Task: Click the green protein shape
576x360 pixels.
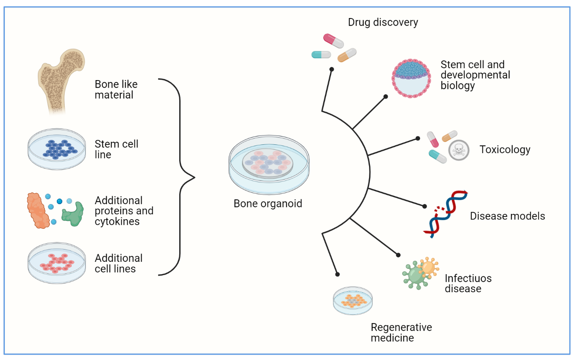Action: pyautogui.click(x=73, y=213)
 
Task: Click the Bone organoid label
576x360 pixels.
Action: pyautogui.click(x=268, y=204)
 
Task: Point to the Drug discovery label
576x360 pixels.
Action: pyautogui.click(x=383, y=22)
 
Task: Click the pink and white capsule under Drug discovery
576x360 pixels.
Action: pyautogui.click(x=333, y=40)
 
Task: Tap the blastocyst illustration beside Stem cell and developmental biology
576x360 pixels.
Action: pyautogui.click(x=410, y=78)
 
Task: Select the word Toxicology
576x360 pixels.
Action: pyautogui.click(x=505, y=150)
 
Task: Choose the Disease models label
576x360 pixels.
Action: pyautogui.click(x=507, y=216)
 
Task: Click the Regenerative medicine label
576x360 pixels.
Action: pyautogui.click(x=401, y=333)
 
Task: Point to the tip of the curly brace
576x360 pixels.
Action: pyautogui.click(x=194, y=177)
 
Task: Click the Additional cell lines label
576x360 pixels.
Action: pyautogui.click(x=118, y=263)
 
